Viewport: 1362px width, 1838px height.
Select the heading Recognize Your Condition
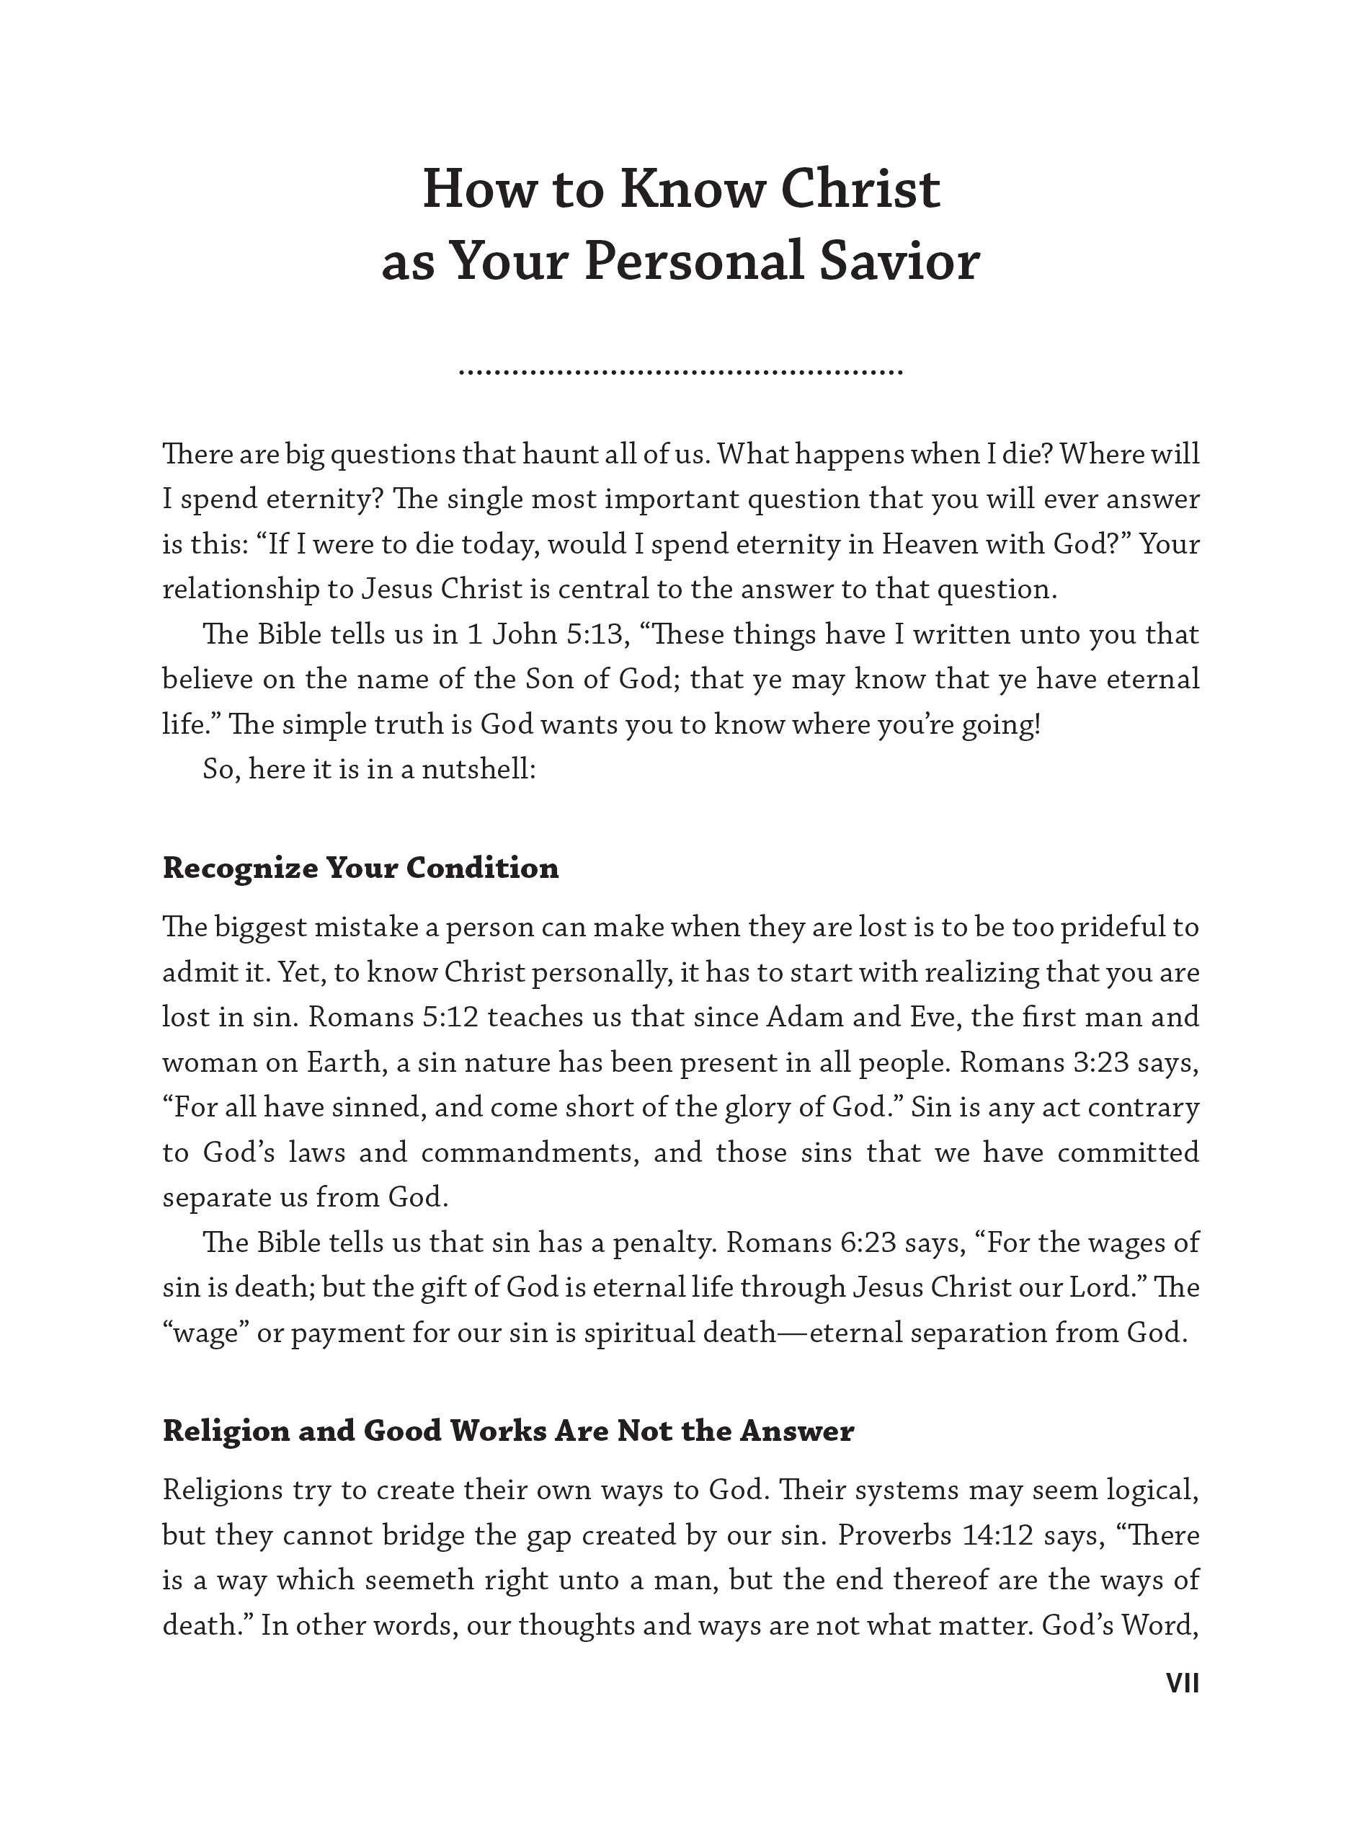(360, 867)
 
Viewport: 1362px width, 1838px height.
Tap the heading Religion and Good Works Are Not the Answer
(508, 1431)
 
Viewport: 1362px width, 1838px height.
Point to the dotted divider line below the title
(680, 373)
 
